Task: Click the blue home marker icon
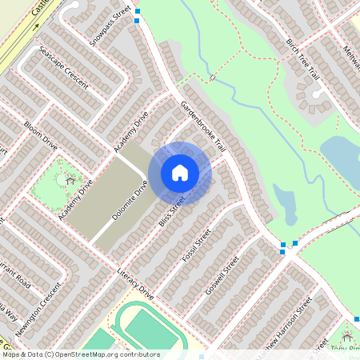point(180,172)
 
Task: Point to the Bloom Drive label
point(41,136)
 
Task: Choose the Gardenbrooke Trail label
point(204,128)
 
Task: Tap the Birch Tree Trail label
point(303,61)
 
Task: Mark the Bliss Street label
point(172,210)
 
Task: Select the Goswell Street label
point(222,275)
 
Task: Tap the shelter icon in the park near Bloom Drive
point(70,180)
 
